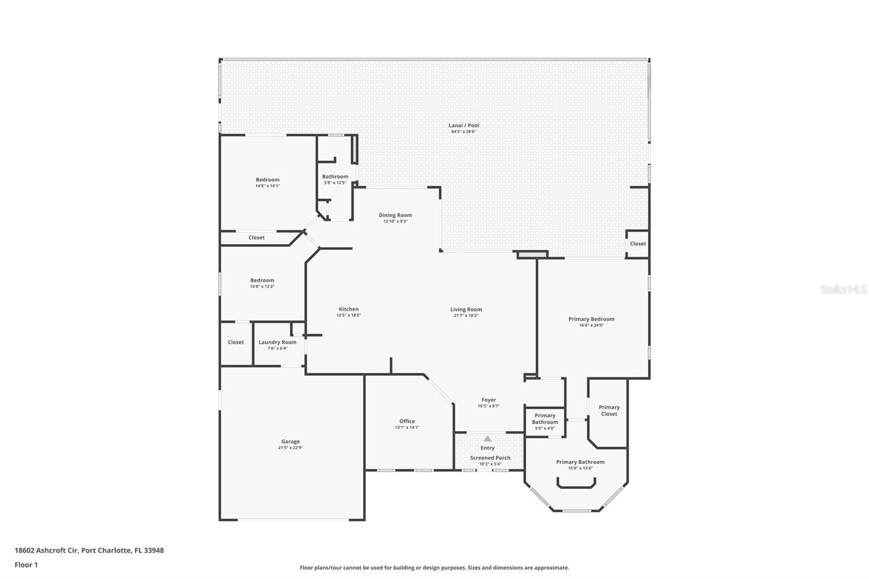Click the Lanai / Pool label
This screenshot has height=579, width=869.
pos(463,125)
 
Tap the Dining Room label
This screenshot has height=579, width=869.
pos(395,215)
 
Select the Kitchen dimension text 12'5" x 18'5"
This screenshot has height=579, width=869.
pos(348,316)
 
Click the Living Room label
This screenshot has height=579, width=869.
pos(466,310)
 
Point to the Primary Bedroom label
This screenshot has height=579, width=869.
pos(591,319)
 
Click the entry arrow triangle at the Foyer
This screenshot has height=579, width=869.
pos(487,438)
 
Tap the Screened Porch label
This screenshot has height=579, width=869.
pos(490,458)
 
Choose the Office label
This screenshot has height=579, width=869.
pos(407,421)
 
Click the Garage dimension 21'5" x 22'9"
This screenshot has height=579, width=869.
pos(290,448)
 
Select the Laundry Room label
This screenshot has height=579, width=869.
pos(277,342)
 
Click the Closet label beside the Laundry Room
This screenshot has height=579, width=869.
pos(236,342)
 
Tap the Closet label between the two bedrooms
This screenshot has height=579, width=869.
pos(256,237)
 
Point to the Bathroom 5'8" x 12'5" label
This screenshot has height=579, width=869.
pos(335,177)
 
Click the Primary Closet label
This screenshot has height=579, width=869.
pos(609,411)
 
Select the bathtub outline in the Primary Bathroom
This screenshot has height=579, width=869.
pos(576,483)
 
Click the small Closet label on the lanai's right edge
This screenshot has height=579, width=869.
pos(638,243)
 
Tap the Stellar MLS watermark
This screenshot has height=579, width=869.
pos(843,289)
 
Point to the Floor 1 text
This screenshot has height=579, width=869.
pos(26,565)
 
